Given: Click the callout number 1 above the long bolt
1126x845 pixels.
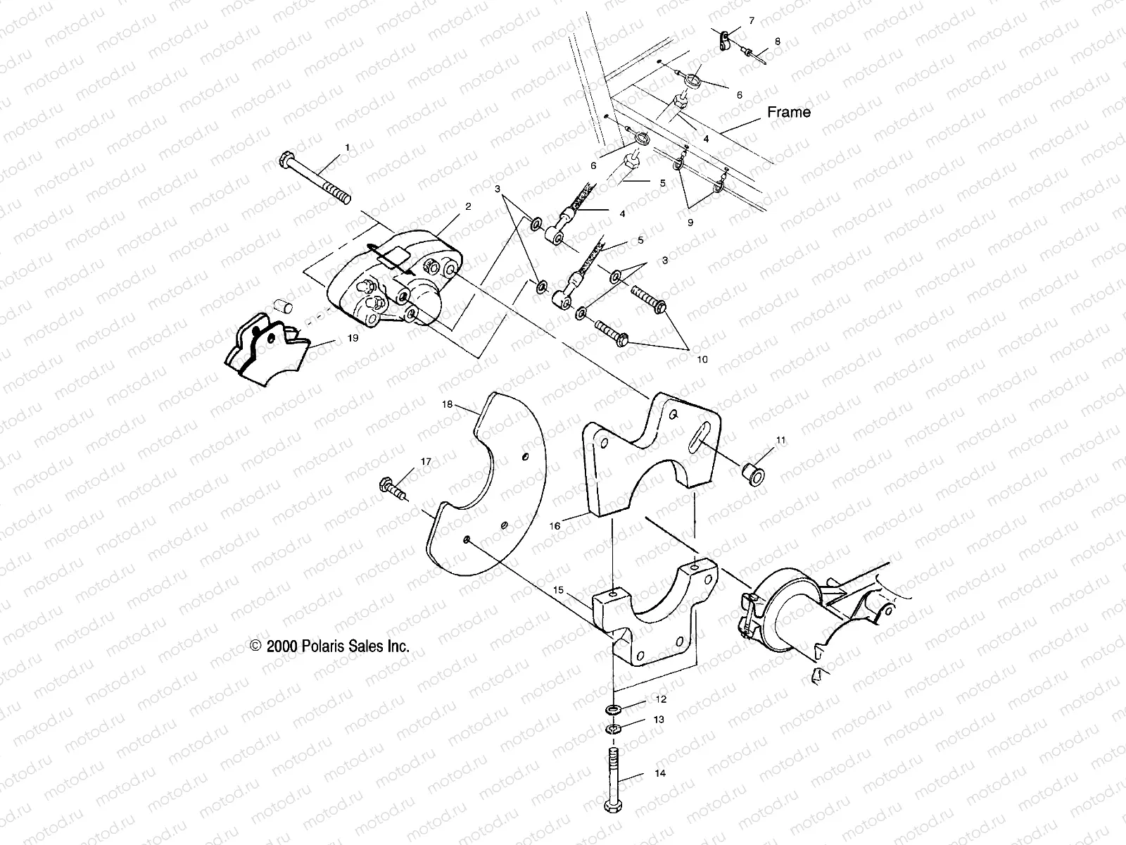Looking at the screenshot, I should click(346, 147).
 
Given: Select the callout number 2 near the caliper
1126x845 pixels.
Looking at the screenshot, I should click(468, 206).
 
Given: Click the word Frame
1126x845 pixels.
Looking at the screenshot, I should click(788, 112).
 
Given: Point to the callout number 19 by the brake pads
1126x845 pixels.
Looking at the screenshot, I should click(353, 339).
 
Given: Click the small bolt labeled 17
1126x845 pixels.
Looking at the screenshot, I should click(392, 487).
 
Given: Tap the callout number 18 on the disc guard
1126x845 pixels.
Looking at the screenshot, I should click(446, 405).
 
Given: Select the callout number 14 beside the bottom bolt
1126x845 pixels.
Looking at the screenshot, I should click(660, 773).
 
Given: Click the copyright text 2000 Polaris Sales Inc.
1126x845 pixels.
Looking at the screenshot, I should click(329, 645).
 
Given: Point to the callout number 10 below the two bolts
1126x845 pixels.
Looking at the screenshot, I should click(702, 359).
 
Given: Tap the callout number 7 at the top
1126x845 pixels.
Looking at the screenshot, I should click(751, 21).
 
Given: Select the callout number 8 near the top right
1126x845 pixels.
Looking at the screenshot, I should click(777, 42).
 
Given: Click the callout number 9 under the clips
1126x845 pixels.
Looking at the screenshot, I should click(690, 221).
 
